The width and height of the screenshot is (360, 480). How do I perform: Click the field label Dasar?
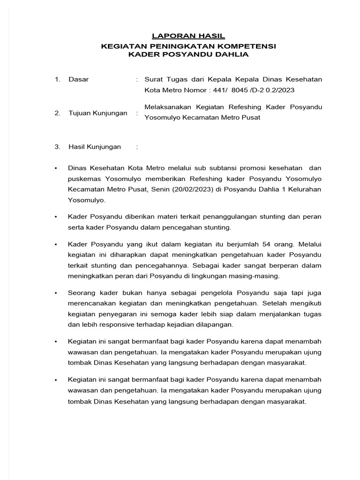78,79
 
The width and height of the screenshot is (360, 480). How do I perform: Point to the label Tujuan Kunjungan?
97,113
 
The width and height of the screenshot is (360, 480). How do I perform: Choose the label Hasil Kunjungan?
94,147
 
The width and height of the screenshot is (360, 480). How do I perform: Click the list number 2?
57,113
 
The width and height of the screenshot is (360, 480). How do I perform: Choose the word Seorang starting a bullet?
81,292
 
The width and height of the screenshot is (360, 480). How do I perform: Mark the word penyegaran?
120,314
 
